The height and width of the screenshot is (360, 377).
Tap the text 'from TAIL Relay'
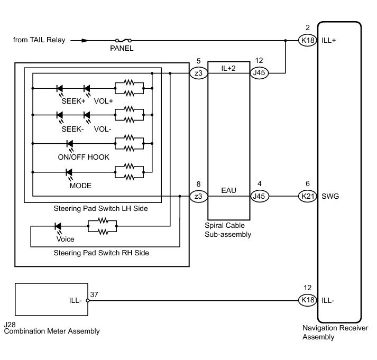click(x=39, y=40)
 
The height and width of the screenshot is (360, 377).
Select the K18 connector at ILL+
click(x=307, y=40)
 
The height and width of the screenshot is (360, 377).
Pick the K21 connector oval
click(x=307, y=197)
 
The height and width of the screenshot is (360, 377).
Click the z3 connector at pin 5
click(x=198, y=73)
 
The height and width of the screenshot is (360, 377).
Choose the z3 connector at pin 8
click(x=198, y=197)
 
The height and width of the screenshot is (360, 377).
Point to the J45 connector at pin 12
click(x=259, y=73)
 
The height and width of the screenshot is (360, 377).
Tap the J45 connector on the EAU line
click(x=259, y=197)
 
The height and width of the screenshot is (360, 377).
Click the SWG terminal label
click(x=330, y=197)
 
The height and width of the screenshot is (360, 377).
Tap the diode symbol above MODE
click(x=69, y=172)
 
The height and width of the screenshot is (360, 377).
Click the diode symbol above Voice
click(x=58, y=226)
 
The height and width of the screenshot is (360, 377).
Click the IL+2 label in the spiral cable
click(x=229, y=67)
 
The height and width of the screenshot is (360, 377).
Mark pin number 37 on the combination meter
click(x=94, y=294)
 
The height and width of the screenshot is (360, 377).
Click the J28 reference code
click(x=10, y=324)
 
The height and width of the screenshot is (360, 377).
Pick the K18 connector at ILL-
click(x=307, y=301)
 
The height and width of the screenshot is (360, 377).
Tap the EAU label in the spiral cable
click(x=229, y=190)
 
